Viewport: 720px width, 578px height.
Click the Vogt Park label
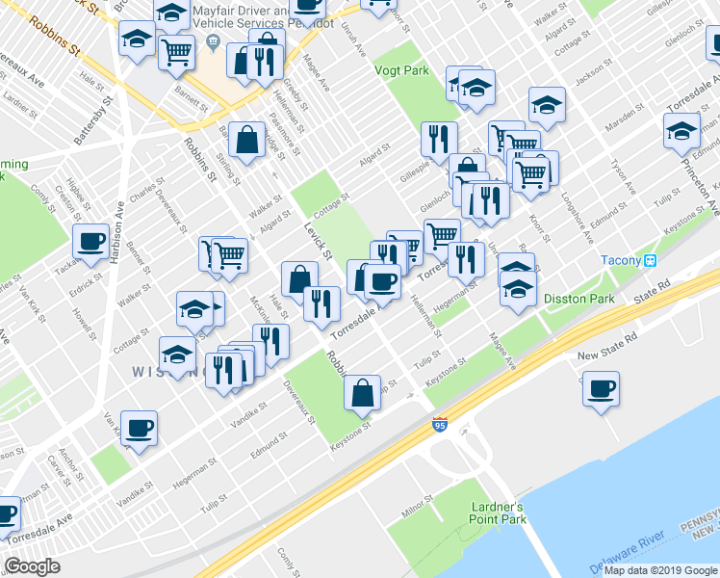(x=401, y=70)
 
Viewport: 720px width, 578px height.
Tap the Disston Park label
(x=579, y=299)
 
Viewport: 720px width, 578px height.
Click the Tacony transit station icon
(x=651, y=260)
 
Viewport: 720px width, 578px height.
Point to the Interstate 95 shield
(x=439, y=425)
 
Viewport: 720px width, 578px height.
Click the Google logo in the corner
(x=32, y=566)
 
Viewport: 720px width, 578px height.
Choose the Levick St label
(x=317, y=241)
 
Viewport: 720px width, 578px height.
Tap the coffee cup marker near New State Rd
(x=602, y=389)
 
